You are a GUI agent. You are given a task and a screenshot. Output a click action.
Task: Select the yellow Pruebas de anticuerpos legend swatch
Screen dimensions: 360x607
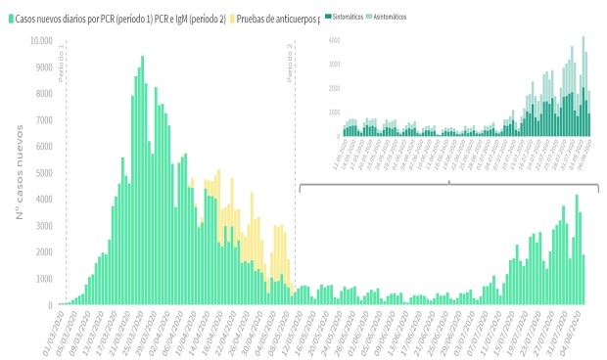click(234, 18)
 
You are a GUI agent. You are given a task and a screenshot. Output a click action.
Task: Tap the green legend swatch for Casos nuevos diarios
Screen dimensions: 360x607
click(11, 18)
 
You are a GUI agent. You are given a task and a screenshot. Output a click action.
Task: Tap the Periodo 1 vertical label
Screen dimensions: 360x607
click(62, 61)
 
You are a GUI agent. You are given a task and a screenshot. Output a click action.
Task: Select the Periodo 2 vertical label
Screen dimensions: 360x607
click(291, 61)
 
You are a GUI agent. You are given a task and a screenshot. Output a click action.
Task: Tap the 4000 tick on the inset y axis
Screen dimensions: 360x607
click(334, 40)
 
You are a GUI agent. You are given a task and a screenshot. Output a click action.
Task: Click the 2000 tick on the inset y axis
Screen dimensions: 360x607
click(334, 88)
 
